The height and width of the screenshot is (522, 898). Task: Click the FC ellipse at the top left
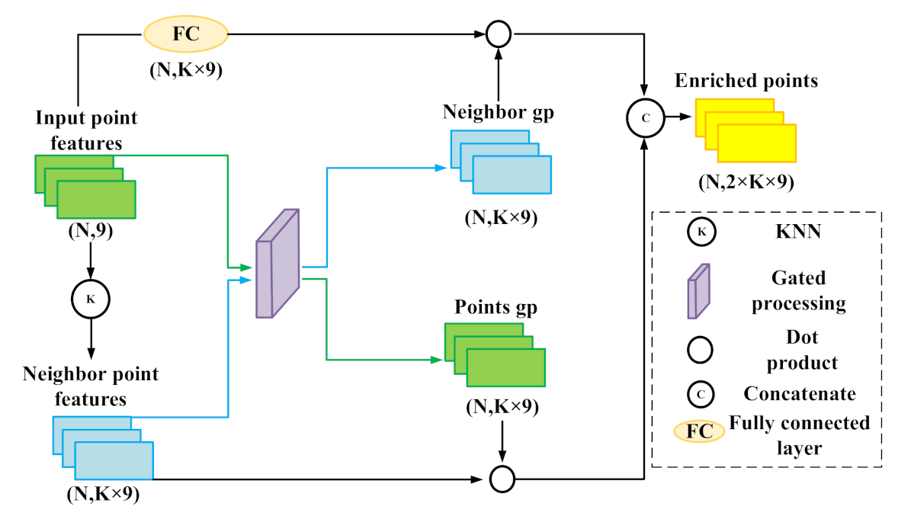coord(185,33)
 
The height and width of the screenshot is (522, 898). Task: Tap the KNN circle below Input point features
coord(91,299)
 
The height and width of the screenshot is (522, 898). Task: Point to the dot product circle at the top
coord(499,33)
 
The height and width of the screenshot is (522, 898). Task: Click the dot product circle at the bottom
coord(502,479)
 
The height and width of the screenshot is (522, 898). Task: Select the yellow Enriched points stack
coord(745,133)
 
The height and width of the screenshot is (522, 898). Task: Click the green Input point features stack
coord(85,187)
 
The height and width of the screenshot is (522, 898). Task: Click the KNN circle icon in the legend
coord(700,232)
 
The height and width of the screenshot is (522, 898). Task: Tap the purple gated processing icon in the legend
coord(698,290)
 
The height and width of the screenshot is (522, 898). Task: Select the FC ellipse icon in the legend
coord(700,431)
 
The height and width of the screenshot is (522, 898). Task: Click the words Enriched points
coord(746,81)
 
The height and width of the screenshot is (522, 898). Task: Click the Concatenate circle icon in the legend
coord(700,393)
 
